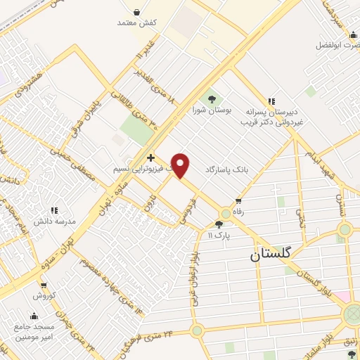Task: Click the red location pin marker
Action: (181, 165)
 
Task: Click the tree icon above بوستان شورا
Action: (211, 98)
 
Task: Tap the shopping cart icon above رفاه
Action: (238, 202)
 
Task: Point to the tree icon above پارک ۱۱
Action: (219, 224)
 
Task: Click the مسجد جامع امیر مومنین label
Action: (33, 332)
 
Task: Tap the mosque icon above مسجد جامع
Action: (33, 316)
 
